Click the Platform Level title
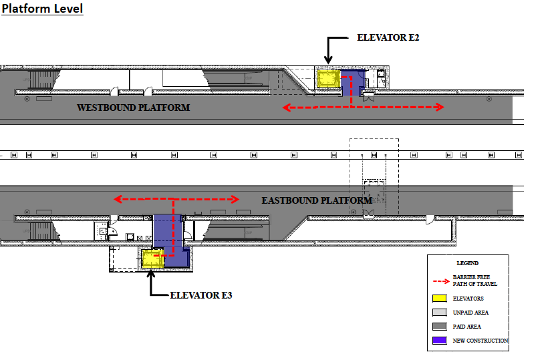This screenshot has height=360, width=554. pos(42,10)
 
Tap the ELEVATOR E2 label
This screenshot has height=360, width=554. pos(388,37)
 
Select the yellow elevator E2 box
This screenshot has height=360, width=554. pos(329,79)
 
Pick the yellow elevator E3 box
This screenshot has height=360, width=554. pos(153,258)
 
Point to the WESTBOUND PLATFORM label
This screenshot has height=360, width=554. pos(133,108)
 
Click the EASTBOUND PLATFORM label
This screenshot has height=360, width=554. pos(316,200)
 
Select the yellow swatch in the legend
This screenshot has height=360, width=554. pos(439,299)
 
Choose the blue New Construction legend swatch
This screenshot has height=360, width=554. pos(439,341)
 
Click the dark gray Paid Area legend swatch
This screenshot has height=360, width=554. pos(439,327)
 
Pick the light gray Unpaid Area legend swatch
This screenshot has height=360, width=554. pos(439,313)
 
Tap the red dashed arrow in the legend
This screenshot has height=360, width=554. pos(439,281)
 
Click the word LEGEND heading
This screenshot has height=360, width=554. pos(468,263)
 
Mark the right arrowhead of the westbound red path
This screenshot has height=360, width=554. pos(440,107)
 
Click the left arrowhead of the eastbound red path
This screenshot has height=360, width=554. pos(116,199)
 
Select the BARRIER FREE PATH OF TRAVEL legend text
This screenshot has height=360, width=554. pos(475,281)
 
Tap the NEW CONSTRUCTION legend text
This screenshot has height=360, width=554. pos(480,341)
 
